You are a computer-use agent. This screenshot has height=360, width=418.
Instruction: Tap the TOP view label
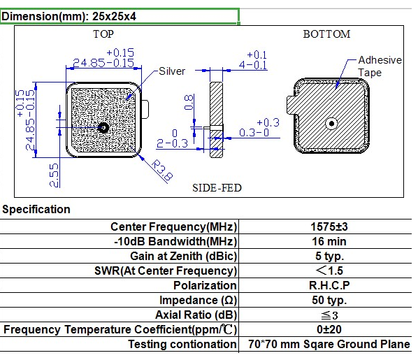click(x=103, y=34)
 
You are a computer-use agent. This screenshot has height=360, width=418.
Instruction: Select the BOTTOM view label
click(x=326, y=34)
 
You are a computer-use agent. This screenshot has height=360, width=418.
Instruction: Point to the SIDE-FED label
click(x=217, y=188)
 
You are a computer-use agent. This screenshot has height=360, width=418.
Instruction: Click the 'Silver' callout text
click(x=172, y=71)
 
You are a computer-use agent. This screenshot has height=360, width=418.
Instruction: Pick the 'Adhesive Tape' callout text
click(x=380, y=66)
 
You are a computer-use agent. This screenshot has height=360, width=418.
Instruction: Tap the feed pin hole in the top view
click(x=103, y=127)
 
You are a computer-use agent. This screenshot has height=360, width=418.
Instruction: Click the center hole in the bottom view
click(x=329, y=124)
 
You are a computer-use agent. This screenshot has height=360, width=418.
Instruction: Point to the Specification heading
click(x=36, y=209)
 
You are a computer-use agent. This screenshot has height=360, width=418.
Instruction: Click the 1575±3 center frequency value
click(x=328, y=227)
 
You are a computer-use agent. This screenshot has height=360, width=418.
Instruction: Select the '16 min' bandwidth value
click(x=328, y=242)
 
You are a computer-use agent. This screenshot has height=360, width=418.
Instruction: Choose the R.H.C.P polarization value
click(x=328, y=286)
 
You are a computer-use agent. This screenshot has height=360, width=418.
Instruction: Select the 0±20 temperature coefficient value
click(x=328, y=330)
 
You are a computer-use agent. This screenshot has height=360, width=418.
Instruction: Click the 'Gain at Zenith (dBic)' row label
click(x=184, y=257)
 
